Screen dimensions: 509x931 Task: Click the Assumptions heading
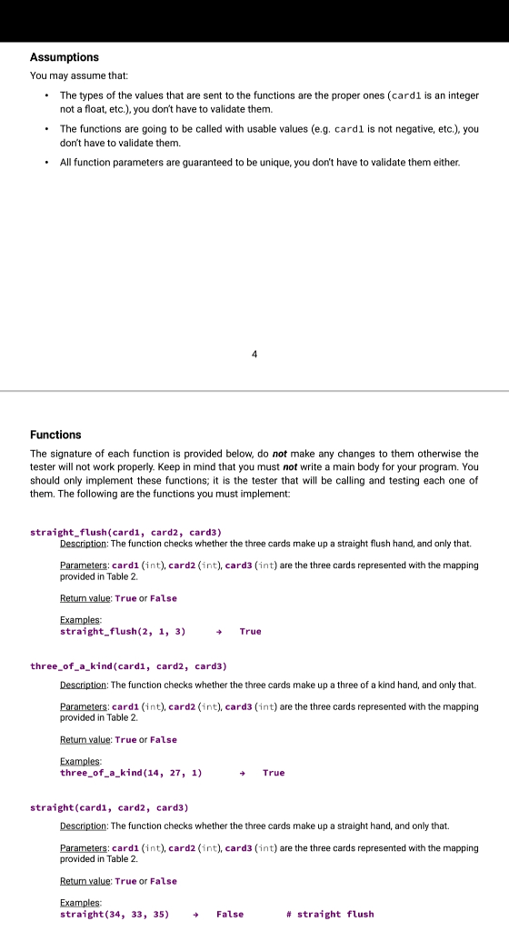coord(65,57)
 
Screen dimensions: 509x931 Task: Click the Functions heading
coord(55,435)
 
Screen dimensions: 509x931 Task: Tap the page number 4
coord(254,355)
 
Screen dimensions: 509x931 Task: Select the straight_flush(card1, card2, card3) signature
coord(126,532)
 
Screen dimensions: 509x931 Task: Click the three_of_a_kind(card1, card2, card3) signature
coord(128,666)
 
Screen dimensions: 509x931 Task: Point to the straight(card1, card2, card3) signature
coord(109,807)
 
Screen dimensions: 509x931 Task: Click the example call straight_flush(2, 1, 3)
coord(123,631)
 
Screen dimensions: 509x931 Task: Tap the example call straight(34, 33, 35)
coord(115,914)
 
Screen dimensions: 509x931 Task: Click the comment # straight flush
coord(329,914)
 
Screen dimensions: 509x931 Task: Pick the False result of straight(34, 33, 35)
coord(230,914)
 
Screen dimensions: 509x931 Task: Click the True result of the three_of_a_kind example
coord(274,773)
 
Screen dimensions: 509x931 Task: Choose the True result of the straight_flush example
coord(250,631)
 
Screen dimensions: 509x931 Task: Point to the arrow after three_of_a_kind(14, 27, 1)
coord(242,773)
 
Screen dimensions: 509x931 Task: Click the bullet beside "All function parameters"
coord(45,163)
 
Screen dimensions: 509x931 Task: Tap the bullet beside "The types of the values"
coord(45,95)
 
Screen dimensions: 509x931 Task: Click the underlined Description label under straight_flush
coord(85,544)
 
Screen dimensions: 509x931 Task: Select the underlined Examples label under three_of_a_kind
coord(81,761)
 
